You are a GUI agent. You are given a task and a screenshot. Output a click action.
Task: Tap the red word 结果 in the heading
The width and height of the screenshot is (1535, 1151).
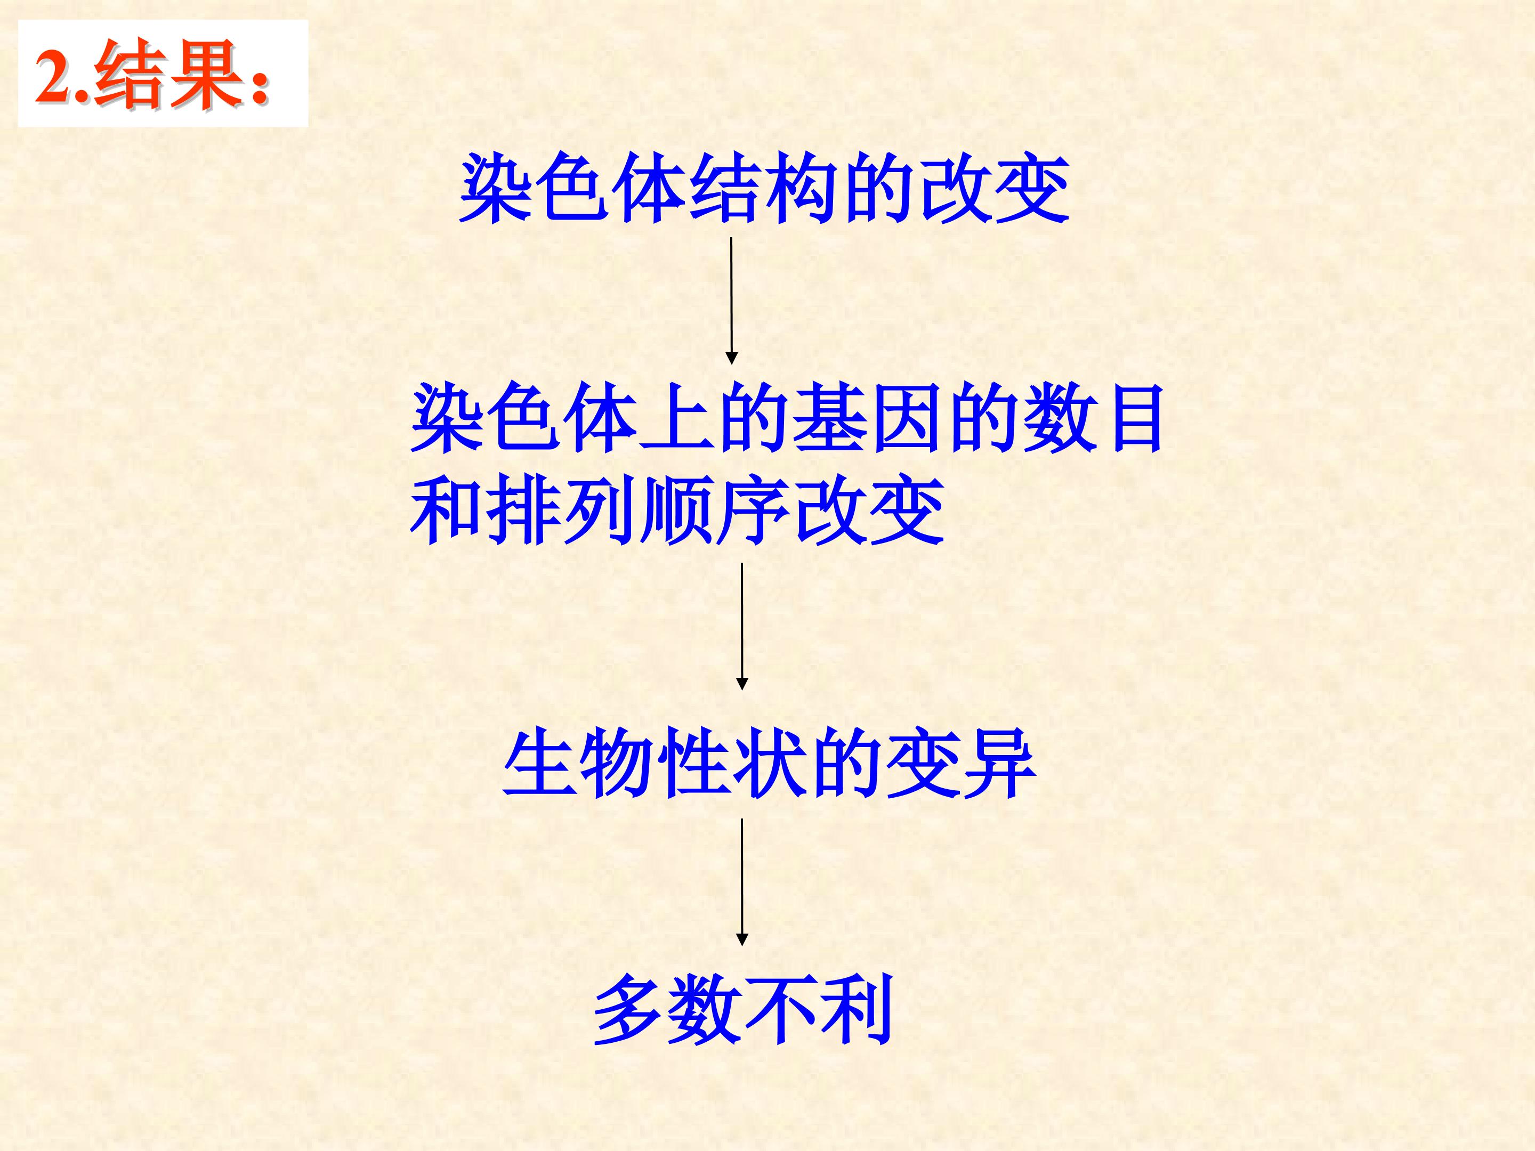pyautogui.click(x=169, y=75)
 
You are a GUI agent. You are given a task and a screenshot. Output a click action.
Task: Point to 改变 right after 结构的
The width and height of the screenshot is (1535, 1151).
pyautogui.click(x=993, y=188)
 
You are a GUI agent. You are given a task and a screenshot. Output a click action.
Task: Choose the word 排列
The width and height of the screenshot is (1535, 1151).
pyautogui.click(x=561, y=512)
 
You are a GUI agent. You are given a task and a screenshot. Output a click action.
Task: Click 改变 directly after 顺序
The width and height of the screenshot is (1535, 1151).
pyautogui.click(x=869, y=512)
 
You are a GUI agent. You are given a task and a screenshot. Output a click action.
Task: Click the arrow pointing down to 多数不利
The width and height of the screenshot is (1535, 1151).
pyautogui.click(x=742, y=881)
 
